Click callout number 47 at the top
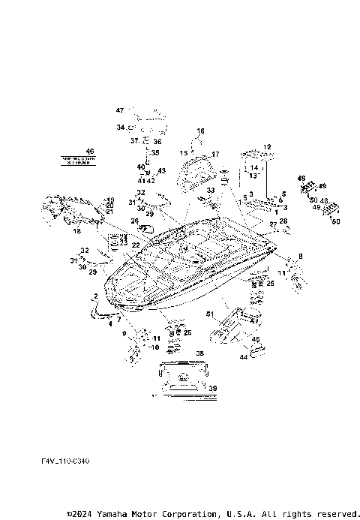pyautogui.click(x=119, y=111)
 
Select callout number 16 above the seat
pyautogui.click(x=200, y=131)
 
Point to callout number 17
pyautogui.click(x=215, y=155)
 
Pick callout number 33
pyautogui.click(x=211, y=191)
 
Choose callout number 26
pyautogui.click(x=134, y=221)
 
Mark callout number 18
pyautogui.click(x=76, y=233)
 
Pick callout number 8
pyautogui.click(x=301, y=257)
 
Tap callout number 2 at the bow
pyautogui.click(x=95, y=298)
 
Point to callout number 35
pyautogui.click(x=156, y=153)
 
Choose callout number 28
pyautogui.click(x=283, y=221)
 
